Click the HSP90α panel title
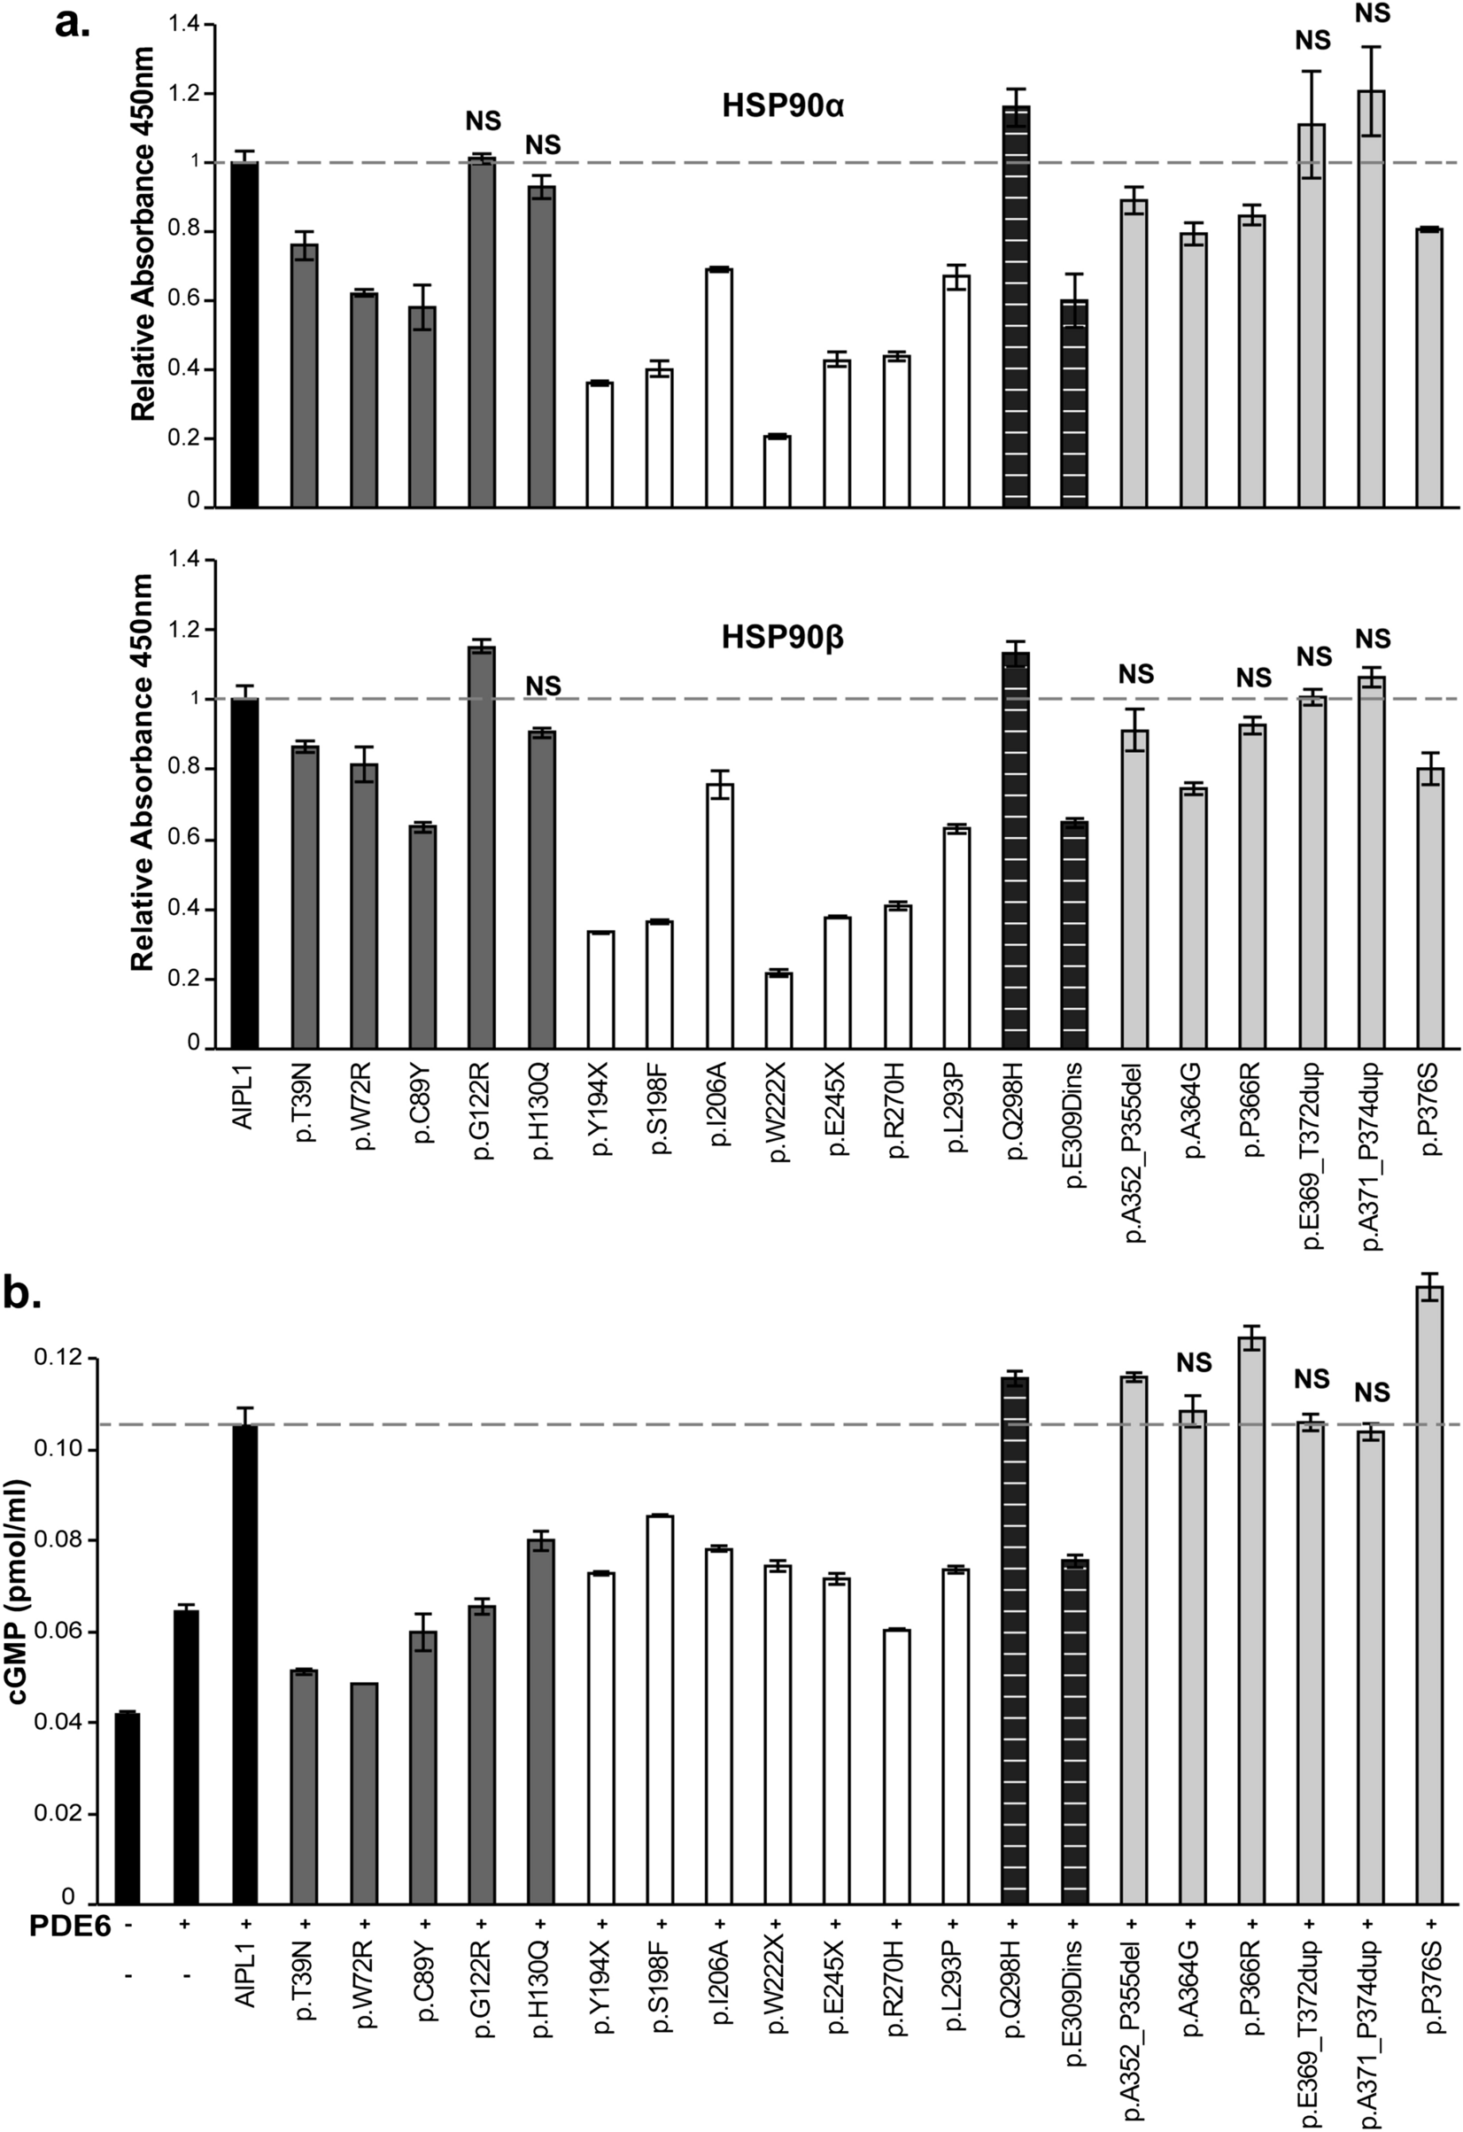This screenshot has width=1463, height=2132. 782,107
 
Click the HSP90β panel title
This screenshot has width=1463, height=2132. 782,639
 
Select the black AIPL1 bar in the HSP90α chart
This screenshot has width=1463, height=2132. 244,335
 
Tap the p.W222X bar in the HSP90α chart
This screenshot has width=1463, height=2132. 778,471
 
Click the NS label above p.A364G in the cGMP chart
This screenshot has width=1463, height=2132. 1195,1363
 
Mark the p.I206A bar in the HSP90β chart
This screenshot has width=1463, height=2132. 718,916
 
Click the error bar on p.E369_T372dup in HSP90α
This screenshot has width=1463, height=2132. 1312,124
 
